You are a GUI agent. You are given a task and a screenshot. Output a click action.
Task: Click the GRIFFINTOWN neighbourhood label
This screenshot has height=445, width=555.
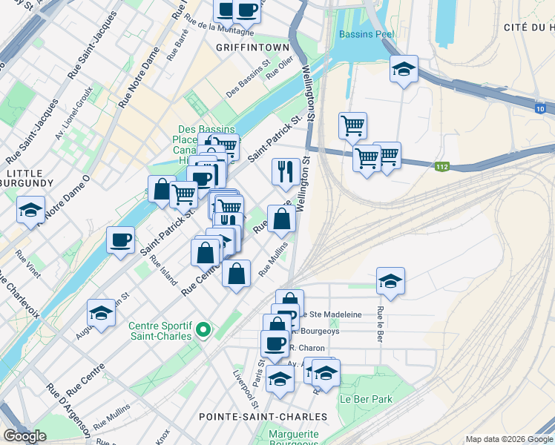pyautogui.click(x=252, y=47)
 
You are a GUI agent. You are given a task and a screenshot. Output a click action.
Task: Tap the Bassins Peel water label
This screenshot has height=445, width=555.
pyautogui.click(x=367, y=34)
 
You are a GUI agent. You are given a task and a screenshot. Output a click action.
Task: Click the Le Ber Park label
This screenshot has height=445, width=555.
pyautogui.click(x=366, y=398)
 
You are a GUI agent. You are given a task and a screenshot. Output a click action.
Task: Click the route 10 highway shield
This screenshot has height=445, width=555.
pyautogui.click(x=541, y=109)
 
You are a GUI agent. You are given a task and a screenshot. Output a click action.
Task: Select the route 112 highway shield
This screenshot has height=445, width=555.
pyautogui.click(x=442, y=167)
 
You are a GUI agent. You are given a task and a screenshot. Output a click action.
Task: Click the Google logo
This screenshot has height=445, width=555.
pyautogui.click(x=24, y=436)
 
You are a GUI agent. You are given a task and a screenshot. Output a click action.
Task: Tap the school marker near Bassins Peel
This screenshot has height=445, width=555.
pyautogui.click(x=403, y=70)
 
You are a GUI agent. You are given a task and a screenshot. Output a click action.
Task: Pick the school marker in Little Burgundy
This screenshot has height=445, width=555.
pyautogui.click(x=30, y=210)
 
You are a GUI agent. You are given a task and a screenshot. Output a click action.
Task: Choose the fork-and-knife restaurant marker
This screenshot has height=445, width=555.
pyautogui.click(x=285, y=172)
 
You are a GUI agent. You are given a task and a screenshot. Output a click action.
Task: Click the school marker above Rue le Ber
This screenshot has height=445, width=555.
pyautogui.click(x=390, y=281)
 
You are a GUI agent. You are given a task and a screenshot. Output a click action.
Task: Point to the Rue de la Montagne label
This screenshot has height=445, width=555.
pyautogui.click(x=220, y=27)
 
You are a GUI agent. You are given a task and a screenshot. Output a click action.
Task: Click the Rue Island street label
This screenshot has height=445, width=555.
pyautogui.click(x=163, y=271)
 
